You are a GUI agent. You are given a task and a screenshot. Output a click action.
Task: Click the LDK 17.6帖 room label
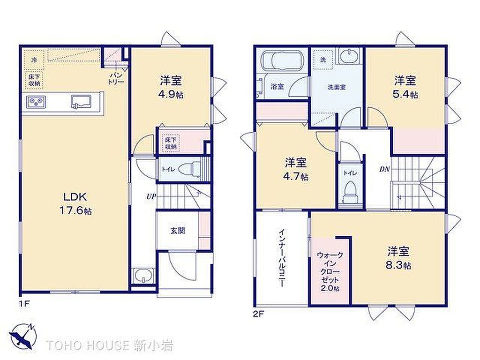[75, 203]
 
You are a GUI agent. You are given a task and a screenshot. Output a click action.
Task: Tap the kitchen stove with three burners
[37, 101]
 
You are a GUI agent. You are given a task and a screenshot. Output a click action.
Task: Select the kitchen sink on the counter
[81, 102]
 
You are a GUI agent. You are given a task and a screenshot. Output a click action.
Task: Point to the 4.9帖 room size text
[171, 94]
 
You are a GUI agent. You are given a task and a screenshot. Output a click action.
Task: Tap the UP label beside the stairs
[151, 196]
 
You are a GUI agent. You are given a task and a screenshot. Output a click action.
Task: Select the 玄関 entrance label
[178, 231]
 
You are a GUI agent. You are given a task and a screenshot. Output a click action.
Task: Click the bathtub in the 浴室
[282, 60]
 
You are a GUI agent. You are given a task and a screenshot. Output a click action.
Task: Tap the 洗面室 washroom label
[337, 87]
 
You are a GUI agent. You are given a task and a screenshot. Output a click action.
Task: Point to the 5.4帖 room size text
[405, 94]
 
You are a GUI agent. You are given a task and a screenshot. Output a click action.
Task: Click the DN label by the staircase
[384, 169]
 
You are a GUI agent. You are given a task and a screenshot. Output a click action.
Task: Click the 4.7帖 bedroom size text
[296, 177]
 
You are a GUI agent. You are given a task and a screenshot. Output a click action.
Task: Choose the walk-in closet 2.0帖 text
[330, 271]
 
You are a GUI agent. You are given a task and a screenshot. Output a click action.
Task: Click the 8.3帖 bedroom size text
[398, 265]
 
